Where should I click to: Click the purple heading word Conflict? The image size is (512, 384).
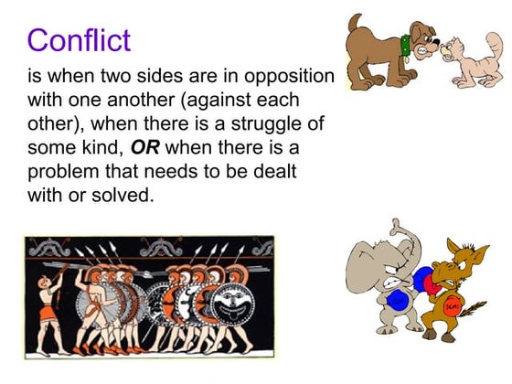point(79,40)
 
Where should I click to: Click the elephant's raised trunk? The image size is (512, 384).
point(396,236)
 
